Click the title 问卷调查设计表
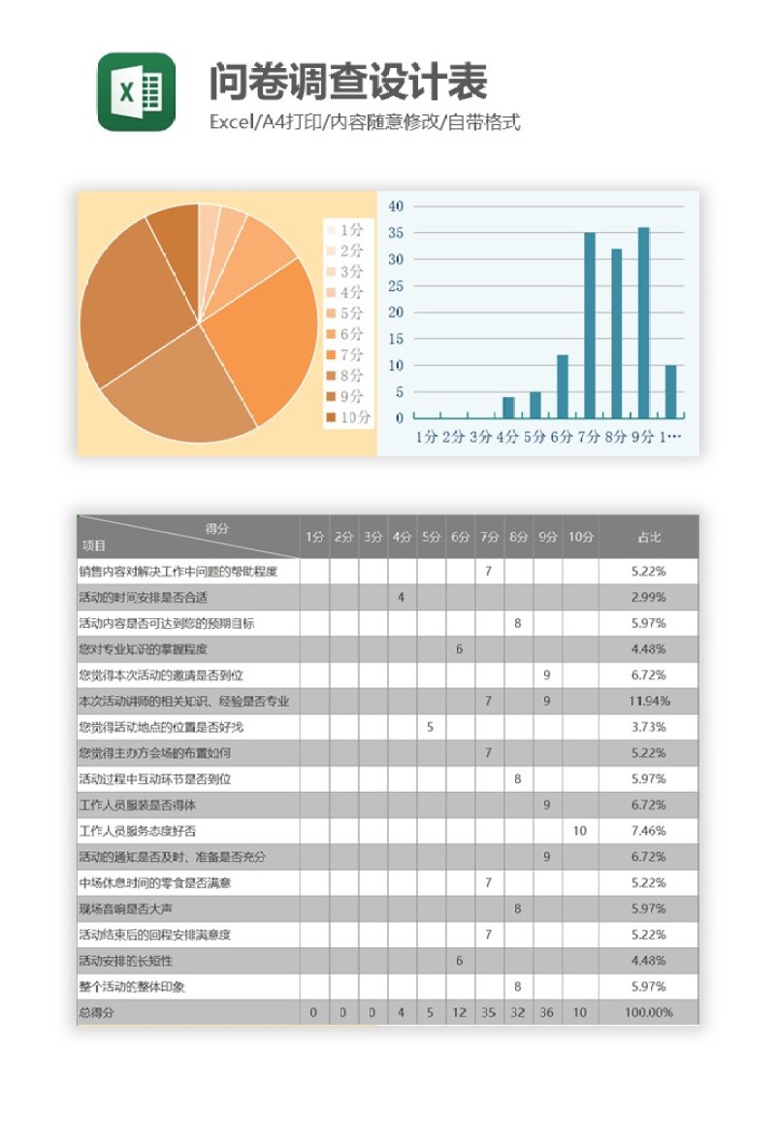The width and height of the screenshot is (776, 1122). pyautogui.click(x=347, y=82)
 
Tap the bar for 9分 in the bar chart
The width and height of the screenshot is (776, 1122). pyautogui.click(x=643, y=322)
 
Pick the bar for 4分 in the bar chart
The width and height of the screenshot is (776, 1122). pyautogui.click(x=508, y=408)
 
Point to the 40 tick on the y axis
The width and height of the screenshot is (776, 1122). pyautogui.click(x=396, y=206)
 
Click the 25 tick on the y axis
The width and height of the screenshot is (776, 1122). pyautogui.click(x=396, y=285)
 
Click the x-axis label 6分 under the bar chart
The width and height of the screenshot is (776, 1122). pyautogui.click(x=562, y=438)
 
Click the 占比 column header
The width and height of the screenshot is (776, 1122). pyautogui.click(x=648, y=537)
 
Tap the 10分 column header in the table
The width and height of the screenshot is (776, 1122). pyautogui.click(x=580, y=537)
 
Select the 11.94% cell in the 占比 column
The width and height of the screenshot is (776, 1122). pyautogui.click(x=648, y=701)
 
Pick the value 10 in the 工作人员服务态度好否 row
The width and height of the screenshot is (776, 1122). pyautogui.click(x=580, y=831)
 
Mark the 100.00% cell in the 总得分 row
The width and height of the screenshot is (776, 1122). pyautogui.click(x=648, y=1012)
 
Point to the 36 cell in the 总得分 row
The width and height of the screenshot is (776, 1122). pyautogui.click(x=547, y=1012)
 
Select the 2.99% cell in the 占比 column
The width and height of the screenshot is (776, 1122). pyautogui.click(x=648, y=597)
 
